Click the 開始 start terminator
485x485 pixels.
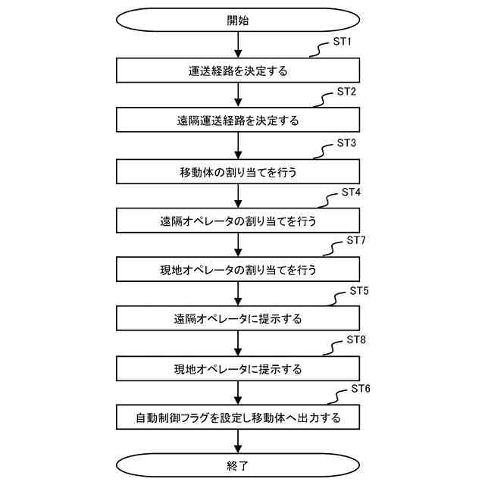click(238, 20)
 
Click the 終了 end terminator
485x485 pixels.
click(238, 465)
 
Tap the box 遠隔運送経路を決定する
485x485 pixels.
click(238, 120)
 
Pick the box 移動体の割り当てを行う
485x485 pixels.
click(238, 171)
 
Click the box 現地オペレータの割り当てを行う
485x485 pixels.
click(238, 269)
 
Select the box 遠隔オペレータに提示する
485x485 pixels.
click(238, 319)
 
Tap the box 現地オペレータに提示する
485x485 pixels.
click(238, 368)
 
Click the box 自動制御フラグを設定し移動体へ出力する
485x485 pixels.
click(238, 418)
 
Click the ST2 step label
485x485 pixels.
click(346, 92)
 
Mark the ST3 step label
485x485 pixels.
click(346, 142)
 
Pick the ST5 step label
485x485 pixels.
click(359, 291)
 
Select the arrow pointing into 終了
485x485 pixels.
click(238, 441)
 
